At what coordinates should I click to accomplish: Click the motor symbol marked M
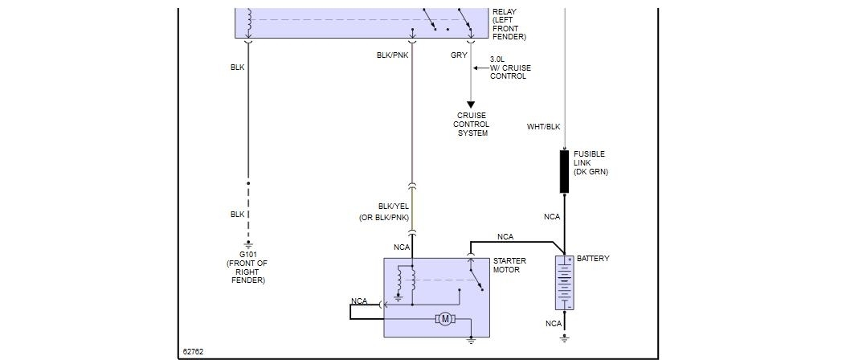coord(445,319)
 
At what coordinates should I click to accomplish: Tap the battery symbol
coord(564,283)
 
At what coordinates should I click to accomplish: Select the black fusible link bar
coord(564,171)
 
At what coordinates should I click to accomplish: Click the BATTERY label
coord(593,259)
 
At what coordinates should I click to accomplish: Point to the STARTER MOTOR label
coord(510,265)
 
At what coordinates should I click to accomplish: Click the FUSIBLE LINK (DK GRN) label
coord(590,163)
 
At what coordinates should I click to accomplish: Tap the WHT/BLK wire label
coord(544,127)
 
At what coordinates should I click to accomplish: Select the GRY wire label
coord(459,55)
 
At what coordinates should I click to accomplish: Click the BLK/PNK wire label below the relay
coord(393,55)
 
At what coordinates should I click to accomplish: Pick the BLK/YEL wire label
coord(394,207)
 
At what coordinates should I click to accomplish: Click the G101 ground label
coord(247,255)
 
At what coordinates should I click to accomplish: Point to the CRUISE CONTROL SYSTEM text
coord(472,125)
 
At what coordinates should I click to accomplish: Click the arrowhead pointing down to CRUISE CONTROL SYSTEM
coord(472,104)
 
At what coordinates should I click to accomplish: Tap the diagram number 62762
coord(194,351)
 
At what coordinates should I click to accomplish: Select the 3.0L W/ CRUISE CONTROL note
coord(510,67)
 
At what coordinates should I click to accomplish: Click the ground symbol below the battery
coord(564,339)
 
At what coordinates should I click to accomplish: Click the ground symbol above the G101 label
coord(248,244)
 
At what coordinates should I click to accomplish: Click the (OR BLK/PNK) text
coord(384,218)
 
